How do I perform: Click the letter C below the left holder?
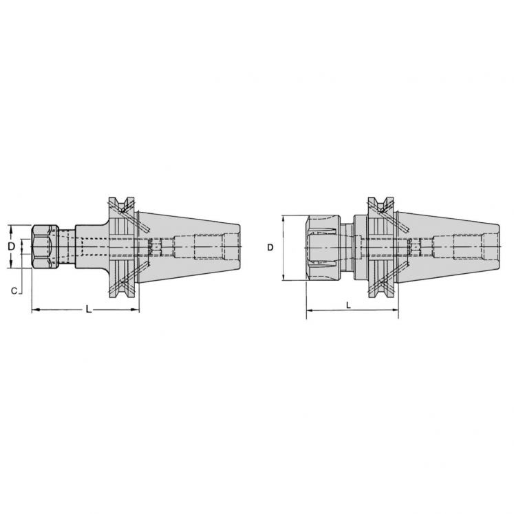click(14, 291)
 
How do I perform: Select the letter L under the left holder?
click(88, 310)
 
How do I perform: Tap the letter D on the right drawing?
click(272, 246)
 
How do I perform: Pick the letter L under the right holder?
click(350, 304)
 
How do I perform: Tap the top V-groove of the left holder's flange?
click(124, 204)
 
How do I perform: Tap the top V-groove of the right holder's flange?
click(381, 204)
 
